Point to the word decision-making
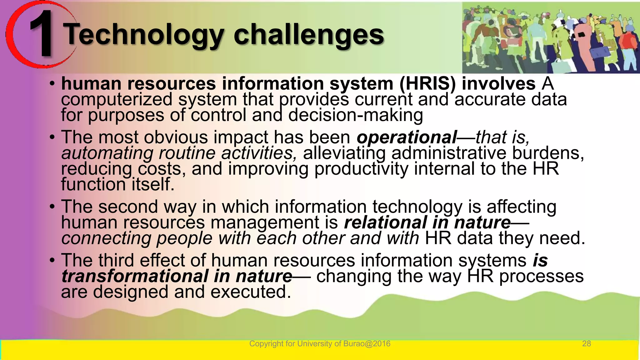click(x=355, y=115)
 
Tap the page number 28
click(x=586, y=344)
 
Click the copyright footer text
click(x=319, y=344)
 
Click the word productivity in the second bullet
click(x=361, y=169)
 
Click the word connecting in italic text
click(x=106, y=238)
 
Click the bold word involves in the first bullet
click(x=498, y=84)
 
